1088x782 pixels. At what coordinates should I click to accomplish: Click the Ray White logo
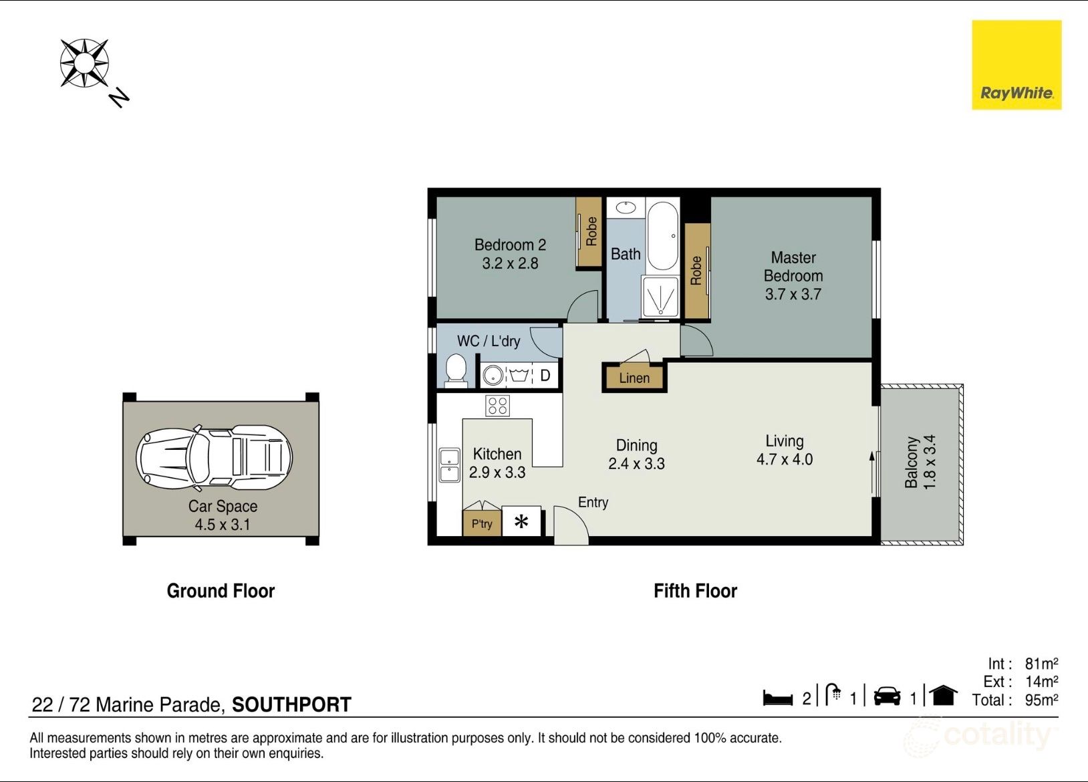1016,65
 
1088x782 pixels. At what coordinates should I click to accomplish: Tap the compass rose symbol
84,63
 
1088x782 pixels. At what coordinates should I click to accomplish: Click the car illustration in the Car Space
215,458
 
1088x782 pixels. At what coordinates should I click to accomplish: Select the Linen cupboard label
634,378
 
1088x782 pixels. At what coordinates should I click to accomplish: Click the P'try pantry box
482,523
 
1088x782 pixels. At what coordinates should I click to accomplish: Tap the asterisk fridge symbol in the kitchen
521,522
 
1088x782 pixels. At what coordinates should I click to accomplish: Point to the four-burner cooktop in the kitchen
497,406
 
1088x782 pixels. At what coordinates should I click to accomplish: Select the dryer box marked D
545,376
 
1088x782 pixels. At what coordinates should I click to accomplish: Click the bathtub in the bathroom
662,236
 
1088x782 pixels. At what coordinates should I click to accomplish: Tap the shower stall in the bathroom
660,297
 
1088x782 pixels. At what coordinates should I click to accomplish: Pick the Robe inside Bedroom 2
589,232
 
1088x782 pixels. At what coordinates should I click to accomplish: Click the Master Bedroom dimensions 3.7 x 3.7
793,294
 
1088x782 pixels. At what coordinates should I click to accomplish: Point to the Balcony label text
912,463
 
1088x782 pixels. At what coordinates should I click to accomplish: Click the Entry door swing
571,524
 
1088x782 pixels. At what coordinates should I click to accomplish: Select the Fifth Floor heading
695,591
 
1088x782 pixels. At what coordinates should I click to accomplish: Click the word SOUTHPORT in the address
291,704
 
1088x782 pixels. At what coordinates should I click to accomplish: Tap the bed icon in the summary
778,698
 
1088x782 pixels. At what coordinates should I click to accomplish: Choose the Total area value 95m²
1041,700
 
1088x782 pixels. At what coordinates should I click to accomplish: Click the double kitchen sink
449,465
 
